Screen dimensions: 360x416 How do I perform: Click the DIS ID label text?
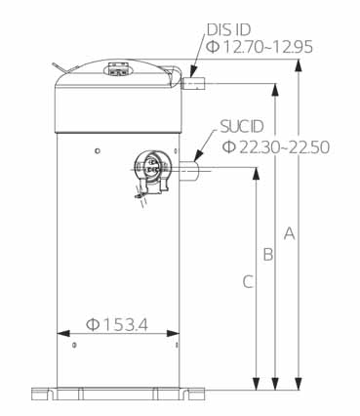[229, 29]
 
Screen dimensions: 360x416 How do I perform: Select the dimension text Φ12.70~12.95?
[260, 47]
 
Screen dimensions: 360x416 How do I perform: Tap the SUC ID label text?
[242, 127]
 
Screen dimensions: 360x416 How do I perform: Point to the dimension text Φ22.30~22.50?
[276, 147]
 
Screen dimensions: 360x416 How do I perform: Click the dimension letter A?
[290, 233]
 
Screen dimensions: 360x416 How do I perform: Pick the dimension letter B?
[268, 254]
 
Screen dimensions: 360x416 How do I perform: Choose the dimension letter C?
[248, 281]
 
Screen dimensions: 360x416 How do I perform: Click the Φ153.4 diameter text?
[117, 324]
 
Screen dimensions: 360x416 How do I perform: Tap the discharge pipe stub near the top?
[193, 83]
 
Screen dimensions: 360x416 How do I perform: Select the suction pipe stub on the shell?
[188, 172]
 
